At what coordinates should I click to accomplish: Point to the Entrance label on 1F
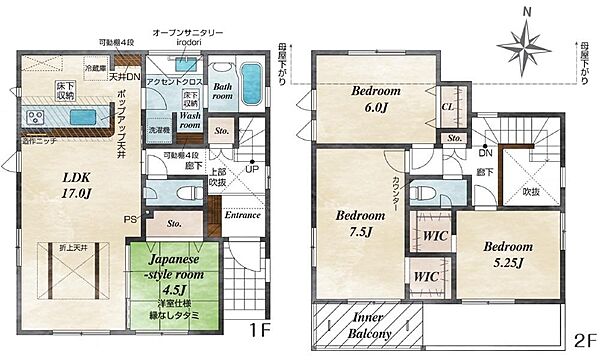[x=242, y=214]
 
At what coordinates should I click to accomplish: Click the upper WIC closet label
[x=433, y=236]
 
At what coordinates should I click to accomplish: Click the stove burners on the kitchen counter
[x=36, y=117]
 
